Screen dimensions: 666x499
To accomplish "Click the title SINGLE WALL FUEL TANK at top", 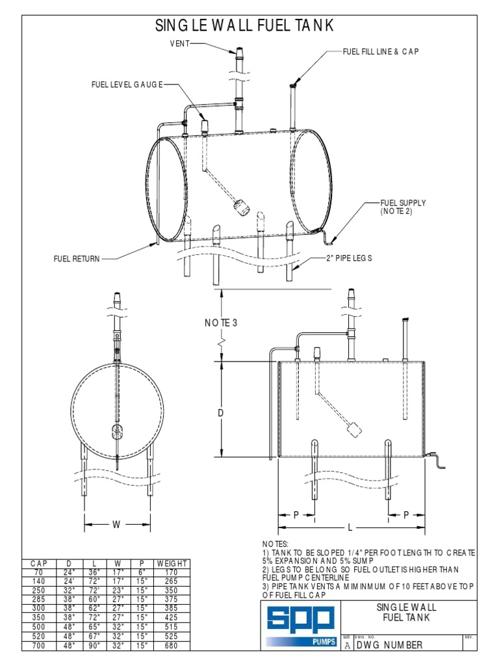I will [x=245, y=26].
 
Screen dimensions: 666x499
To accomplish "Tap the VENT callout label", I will [x=181, y=44].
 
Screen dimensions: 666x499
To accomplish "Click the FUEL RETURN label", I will [x=77, y=259].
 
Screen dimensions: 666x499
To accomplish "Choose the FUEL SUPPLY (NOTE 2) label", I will [x=403, y=207].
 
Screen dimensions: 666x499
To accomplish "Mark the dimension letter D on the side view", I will [x=221, y=414].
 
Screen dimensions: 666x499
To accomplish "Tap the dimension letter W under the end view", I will [x=117, y=524].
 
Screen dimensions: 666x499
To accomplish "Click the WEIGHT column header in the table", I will [x=172, y=563].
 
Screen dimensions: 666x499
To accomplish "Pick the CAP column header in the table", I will [x=40, y=563].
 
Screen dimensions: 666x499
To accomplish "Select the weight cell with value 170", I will [x=172, y=572].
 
